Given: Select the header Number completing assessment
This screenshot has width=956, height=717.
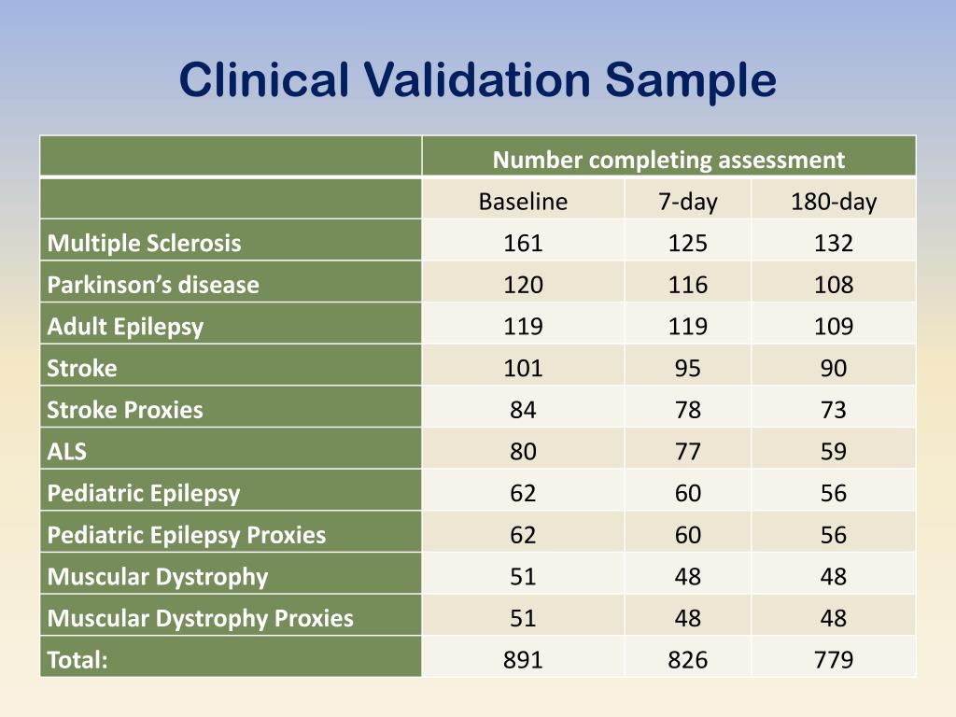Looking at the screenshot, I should point(668,160).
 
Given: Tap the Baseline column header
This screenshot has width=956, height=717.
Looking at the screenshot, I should point(523,202).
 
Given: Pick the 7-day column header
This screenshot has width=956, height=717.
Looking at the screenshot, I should point(688,202).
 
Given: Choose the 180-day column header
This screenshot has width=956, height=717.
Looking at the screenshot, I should point(834,202).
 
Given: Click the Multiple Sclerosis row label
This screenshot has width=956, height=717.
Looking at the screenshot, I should point(144,244).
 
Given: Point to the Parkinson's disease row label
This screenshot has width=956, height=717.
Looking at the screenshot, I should point(153,285).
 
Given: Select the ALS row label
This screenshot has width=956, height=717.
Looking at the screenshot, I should point(67,452).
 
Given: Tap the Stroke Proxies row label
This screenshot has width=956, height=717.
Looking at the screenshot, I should point(125,410).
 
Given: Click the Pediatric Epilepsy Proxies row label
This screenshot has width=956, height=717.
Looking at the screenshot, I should point(187,535).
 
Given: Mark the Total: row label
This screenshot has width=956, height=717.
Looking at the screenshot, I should point(77,660).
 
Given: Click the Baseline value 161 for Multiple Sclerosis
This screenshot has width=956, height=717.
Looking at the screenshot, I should point(523,244).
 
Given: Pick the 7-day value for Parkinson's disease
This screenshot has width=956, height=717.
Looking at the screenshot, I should point(688,285).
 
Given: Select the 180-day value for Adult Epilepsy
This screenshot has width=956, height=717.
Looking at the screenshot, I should point(834,327).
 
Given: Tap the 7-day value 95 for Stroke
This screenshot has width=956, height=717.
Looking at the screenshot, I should point(688,368).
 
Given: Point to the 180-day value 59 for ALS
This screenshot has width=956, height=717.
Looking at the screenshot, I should point(834,452).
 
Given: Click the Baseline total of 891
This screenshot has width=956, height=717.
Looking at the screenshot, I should point(523,660).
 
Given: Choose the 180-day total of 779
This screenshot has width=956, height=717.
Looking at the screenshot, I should point(834,660).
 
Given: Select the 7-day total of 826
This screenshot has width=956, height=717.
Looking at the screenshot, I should point(688,660).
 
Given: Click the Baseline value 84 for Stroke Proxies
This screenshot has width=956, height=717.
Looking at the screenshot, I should point(523,410).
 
